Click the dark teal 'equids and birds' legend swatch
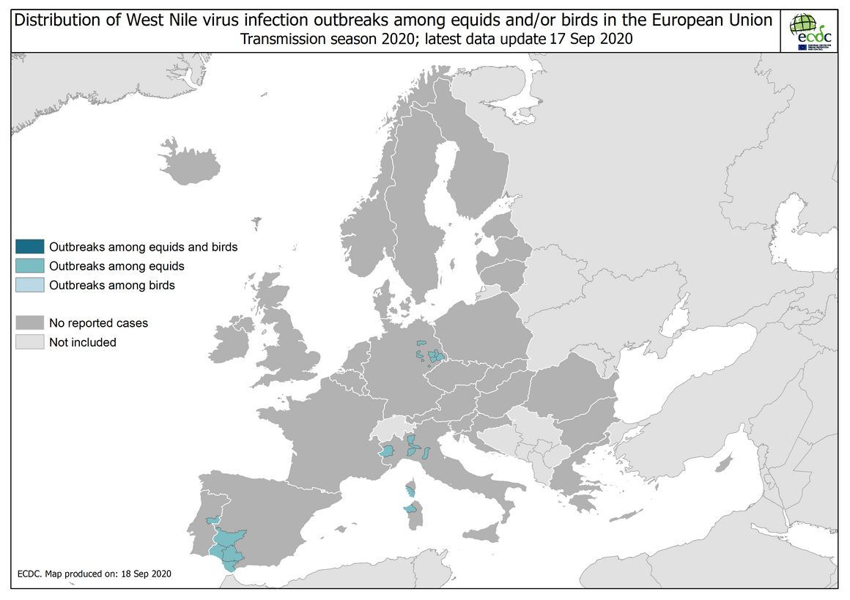30,247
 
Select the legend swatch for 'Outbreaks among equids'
30,266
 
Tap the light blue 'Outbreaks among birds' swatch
30,285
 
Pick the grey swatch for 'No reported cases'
30,322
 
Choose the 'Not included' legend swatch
30,342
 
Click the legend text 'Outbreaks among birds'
111,285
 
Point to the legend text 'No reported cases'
98,322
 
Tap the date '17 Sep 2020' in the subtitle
590,40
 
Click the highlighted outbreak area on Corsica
410,489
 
